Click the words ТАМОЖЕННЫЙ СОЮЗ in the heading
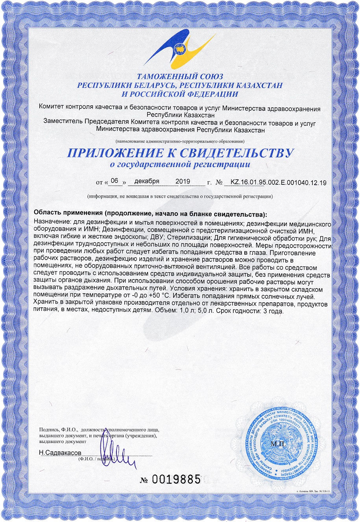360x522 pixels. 180,77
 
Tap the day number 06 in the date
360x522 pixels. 114,181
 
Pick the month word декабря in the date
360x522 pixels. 146,181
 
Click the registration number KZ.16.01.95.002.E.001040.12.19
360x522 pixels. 278,182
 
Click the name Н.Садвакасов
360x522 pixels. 60,452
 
